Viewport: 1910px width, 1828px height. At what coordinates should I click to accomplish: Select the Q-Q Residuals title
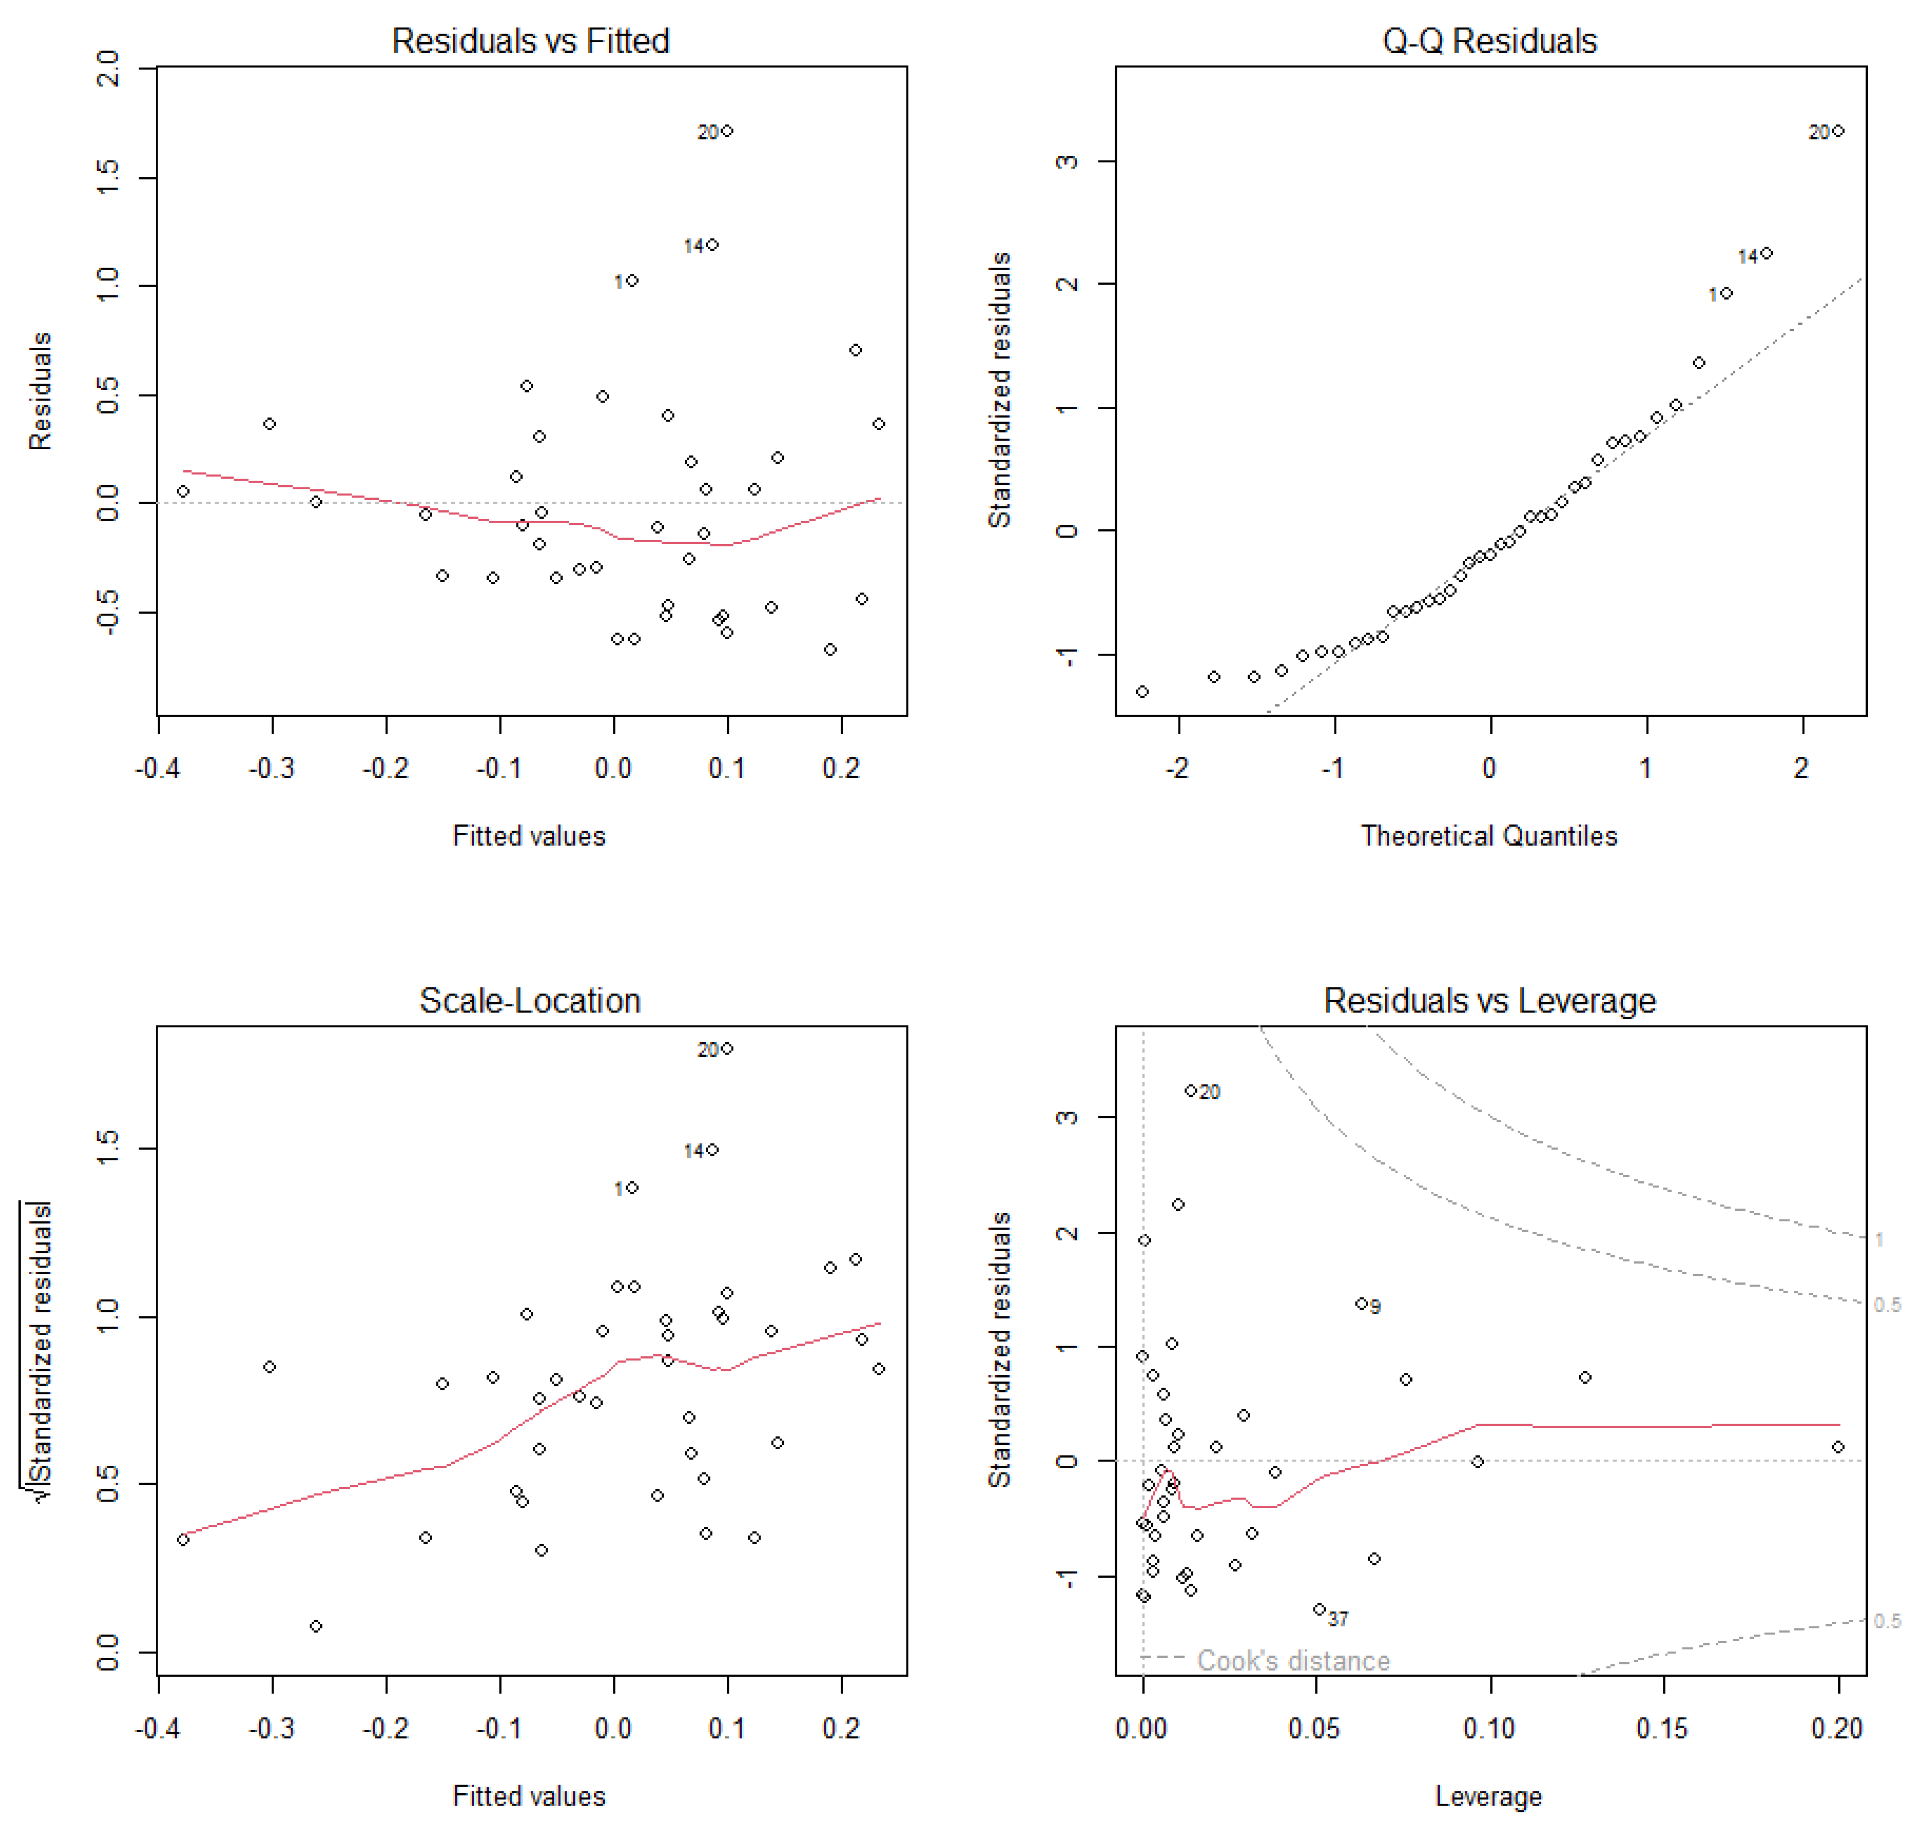pos(1489,41)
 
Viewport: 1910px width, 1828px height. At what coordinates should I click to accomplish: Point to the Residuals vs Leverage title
pos(1489,1001)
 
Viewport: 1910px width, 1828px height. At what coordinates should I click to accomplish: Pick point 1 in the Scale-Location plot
pos(633,1188)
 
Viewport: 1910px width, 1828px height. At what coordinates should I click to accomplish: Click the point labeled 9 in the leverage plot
pos(1361,1304)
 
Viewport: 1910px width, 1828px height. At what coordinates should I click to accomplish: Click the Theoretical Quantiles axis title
pos(1489,836)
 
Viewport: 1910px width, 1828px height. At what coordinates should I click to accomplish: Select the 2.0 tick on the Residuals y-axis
pos(107,68)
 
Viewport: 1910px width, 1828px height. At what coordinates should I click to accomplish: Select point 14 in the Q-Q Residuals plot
pos(1766,253)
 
